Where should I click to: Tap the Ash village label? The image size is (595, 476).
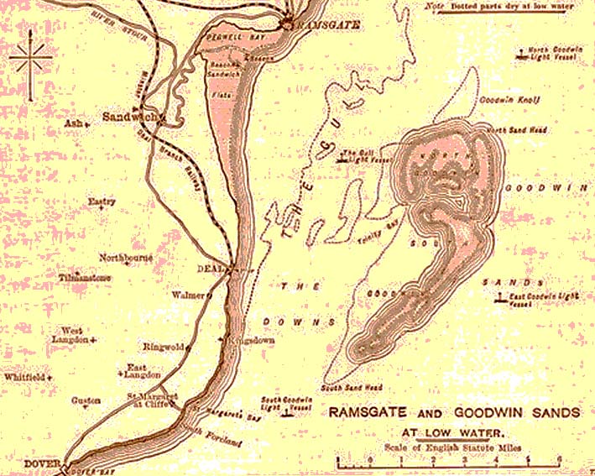tap(70, 123)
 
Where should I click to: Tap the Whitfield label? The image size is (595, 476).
tap(24, 379)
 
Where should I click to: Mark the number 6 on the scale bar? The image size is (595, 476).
tap(560, 459)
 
